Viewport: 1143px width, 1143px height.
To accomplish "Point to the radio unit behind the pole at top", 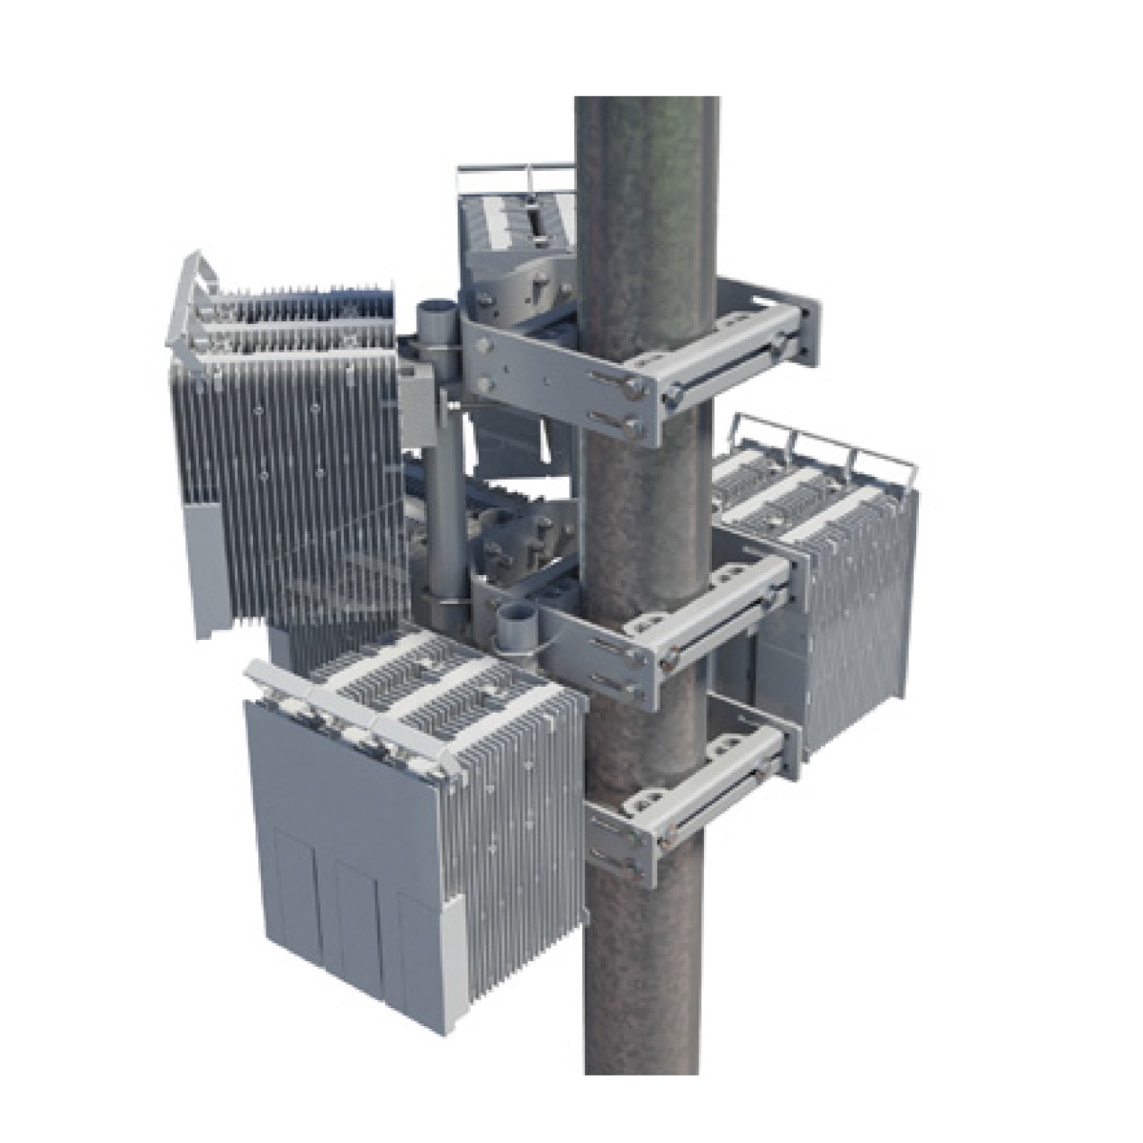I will (x=517, y=234).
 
